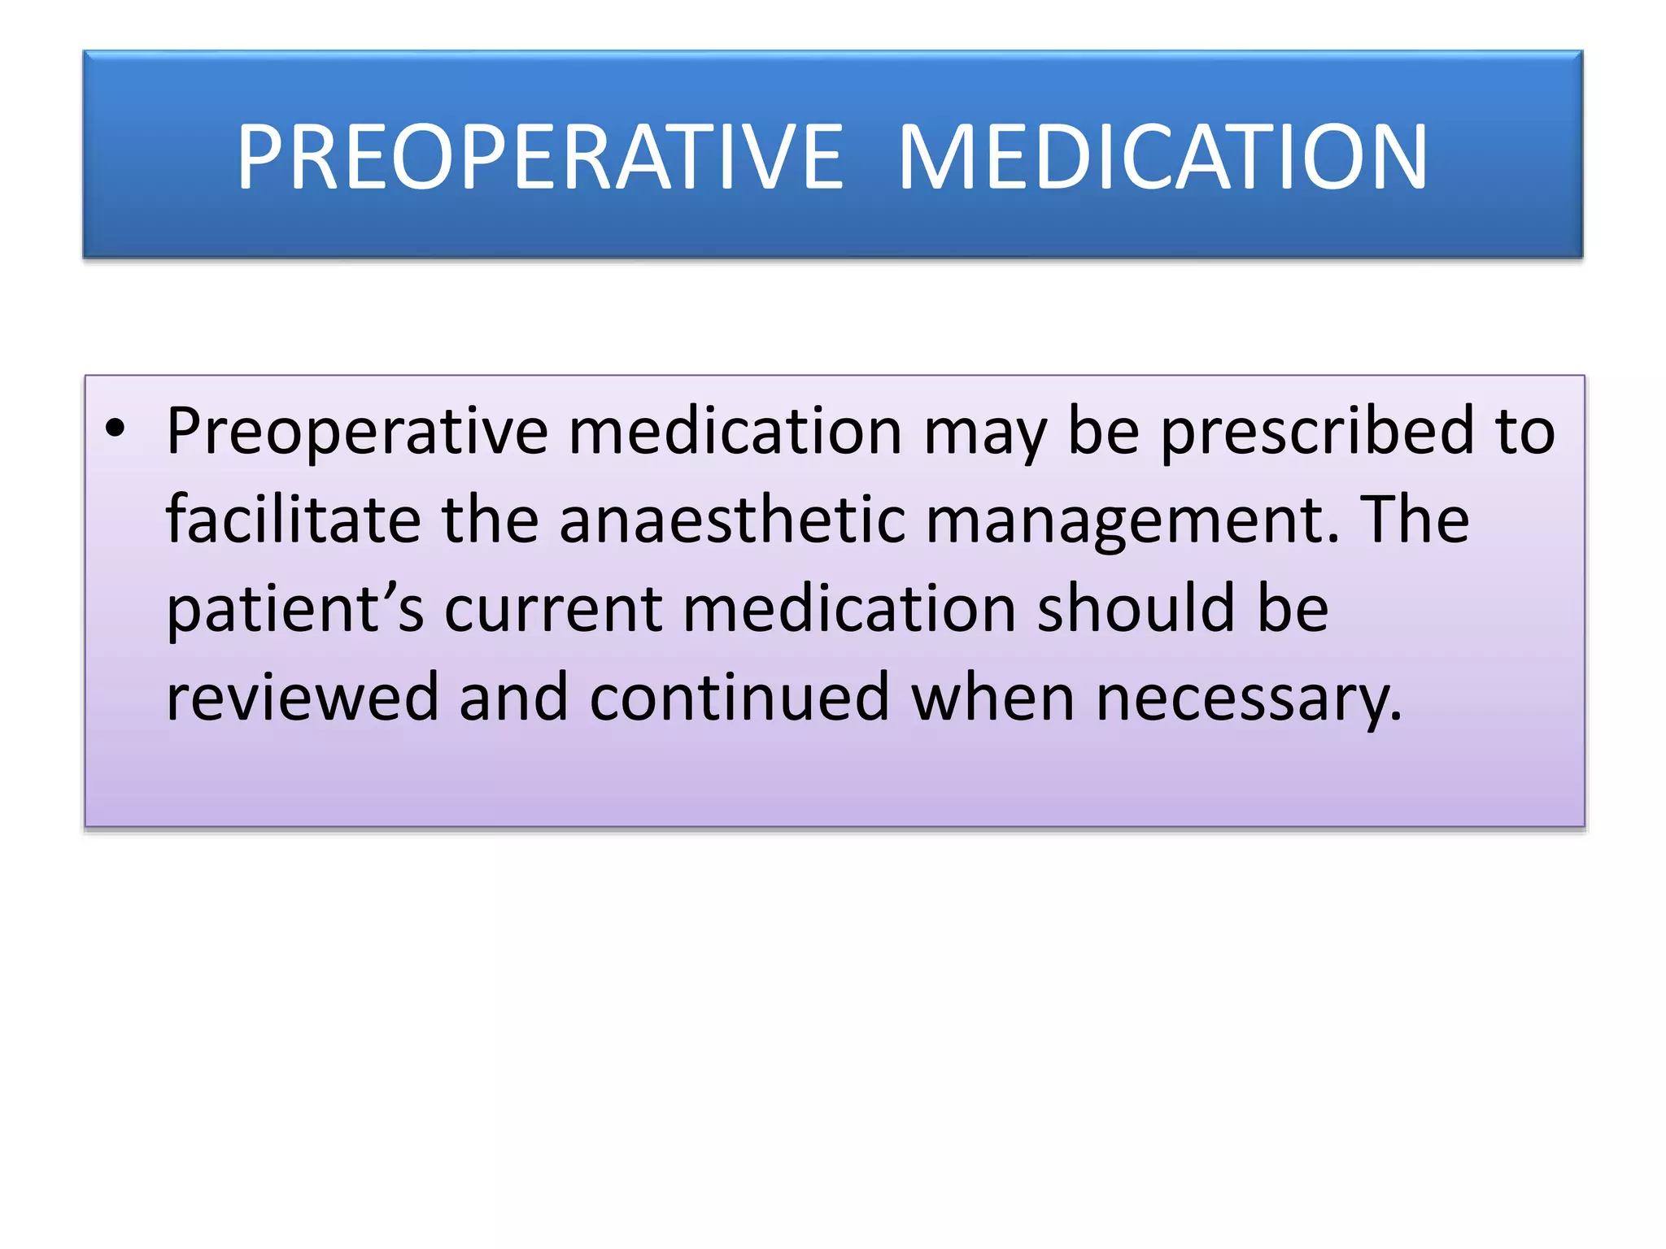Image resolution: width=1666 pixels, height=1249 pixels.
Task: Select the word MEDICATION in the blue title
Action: point(1162,157)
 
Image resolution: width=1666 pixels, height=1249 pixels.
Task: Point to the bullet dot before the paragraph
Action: point(116,429)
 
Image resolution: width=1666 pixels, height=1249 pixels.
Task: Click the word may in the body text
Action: point(985,431)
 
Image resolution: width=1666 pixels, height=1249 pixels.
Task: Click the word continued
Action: point(739,697)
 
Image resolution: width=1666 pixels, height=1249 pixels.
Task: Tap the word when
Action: point(993,697)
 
